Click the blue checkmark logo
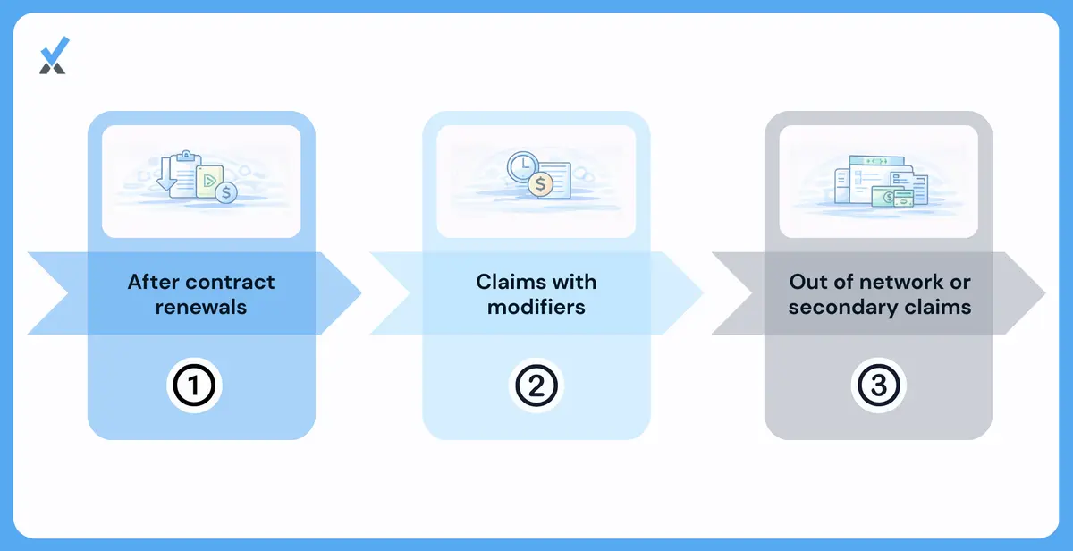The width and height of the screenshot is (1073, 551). coord(55,55)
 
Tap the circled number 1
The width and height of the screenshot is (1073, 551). coord(194,386)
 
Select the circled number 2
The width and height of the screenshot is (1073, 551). coord(536,386)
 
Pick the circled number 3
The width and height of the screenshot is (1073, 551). coord(878,386)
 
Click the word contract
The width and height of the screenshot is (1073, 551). coord(237,282)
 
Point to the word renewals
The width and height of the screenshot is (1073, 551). coord(200,307)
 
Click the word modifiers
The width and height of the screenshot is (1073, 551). coord(536,307)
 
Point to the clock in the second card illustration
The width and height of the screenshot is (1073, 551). coord(522,166)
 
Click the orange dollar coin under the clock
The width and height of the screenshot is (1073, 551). coord(540,184)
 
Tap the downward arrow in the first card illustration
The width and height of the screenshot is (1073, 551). coord(165,174)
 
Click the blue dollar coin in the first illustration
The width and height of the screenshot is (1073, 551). coord(226,192)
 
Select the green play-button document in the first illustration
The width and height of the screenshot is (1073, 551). coord(209,181)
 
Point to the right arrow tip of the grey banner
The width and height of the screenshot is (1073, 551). coord(1045,292)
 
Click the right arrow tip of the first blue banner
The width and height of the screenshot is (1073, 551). coord(361,292)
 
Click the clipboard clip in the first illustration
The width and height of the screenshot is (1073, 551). coord(186,156)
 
